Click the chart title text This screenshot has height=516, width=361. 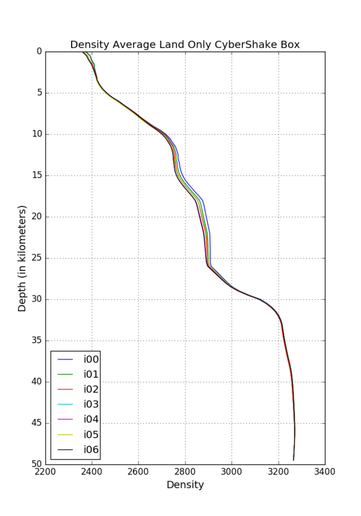(x=185, y=45)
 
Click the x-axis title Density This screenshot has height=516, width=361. (x=185, y=485)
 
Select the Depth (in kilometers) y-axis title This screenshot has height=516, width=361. (x=22, y=258)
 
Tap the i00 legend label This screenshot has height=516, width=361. (x=91, y=359)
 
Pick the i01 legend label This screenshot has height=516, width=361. (x=91, y=374)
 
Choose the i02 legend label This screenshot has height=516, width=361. (x=91, y=389)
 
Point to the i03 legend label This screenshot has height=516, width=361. (x=91, y=404)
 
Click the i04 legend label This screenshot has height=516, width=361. (x=91, y=419)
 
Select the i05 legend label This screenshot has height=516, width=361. (x=91, y=435)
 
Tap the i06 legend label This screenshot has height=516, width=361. (x=91, y=449)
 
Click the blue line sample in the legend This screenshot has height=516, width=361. (x=66, y=359)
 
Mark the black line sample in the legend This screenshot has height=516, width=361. (x=66, y=449)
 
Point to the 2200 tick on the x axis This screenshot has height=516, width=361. (x=46, y=471)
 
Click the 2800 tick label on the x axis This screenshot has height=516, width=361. (x=185, y=471)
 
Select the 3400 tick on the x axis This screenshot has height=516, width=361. (x=325, y=471)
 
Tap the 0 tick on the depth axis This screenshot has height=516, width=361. (x=39, y=52)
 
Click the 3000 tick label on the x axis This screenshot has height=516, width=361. (x=231, y=471)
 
